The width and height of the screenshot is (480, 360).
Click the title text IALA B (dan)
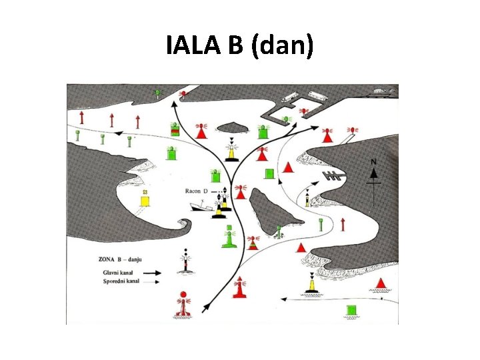239,47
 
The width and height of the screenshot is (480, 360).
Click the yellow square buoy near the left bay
145,199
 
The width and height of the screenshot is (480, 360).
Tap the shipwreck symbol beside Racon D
199,207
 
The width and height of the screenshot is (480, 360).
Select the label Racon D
197,191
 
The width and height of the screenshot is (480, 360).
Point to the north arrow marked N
374,172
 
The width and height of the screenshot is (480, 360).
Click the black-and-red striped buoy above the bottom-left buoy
185,262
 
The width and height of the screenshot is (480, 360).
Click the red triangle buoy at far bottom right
381,284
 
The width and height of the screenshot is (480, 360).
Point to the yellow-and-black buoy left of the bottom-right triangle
311,285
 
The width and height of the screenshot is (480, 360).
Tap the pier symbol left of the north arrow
333,176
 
